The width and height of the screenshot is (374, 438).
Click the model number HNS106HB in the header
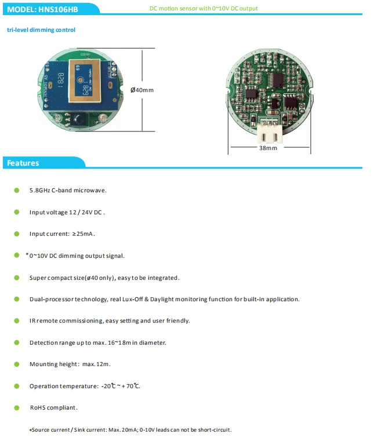tap(58, 9)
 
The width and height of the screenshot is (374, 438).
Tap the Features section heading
tap(23, 163)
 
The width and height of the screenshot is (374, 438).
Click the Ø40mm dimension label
tap(142, 90)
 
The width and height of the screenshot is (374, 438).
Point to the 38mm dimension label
tap(268, 148)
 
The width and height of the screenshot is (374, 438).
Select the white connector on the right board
tap(270, 133)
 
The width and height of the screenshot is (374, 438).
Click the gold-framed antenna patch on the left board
tap(85, 81)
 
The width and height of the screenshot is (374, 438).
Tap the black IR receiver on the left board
tap(78, 119)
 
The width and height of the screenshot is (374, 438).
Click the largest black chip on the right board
tap(276, 81)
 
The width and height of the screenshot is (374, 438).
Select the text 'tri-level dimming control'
tap(41, 30)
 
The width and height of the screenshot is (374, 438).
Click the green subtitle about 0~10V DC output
tap(204, 8)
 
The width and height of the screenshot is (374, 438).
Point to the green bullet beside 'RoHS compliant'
tap(17, 408)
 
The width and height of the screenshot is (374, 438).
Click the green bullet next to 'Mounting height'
tap(17, 364)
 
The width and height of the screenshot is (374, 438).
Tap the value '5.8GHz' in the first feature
tap(39, 191)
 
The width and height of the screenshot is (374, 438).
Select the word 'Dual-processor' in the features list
tap(52, 300)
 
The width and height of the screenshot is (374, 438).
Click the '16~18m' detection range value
tap(119, 343)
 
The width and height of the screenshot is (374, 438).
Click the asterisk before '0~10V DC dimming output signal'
tap(27, 254)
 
